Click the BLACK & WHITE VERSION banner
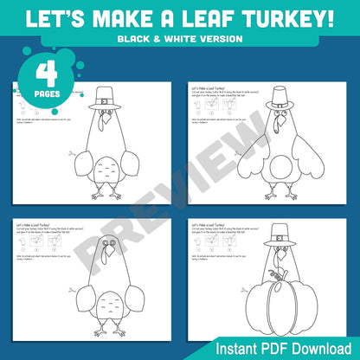coord(180,39)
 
